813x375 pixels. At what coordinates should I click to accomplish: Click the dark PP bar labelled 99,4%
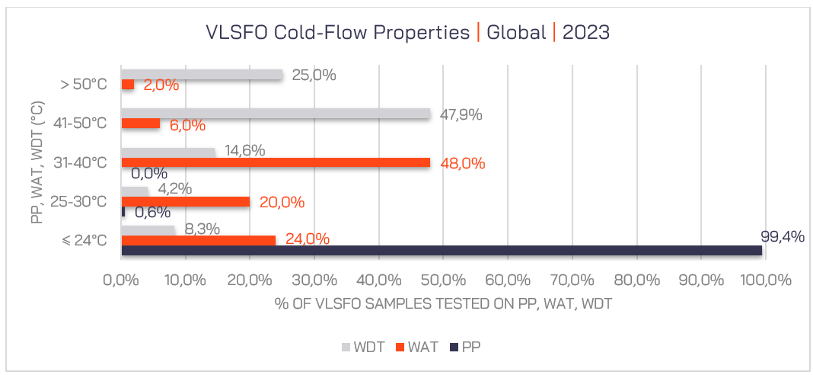[x=442, y=250]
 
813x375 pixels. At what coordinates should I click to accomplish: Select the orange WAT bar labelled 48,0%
[x=276, y=162]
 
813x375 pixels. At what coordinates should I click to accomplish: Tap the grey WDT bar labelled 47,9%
[x=276, y=114]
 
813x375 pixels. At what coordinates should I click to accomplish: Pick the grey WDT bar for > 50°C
[x=202, y=75]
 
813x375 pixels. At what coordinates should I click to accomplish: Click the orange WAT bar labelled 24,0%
[x=198, y=240]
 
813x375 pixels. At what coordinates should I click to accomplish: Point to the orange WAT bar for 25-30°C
[x=185, y=201]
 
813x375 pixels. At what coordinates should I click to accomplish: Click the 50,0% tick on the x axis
[x=442, y=280]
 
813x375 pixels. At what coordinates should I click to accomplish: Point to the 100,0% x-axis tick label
[x=764, y=280]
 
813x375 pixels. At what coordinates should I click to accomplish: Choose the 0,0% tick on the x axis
[x=121, y=280]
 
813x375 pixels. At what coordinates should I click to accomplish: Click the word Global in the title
[x=516, y=33]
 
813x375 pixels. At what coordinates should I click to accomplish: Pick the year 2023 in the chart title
[x=586, y=33]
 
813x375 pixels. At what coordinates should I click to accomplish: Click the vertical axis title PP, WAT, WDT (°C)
[x=37, y=162]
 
